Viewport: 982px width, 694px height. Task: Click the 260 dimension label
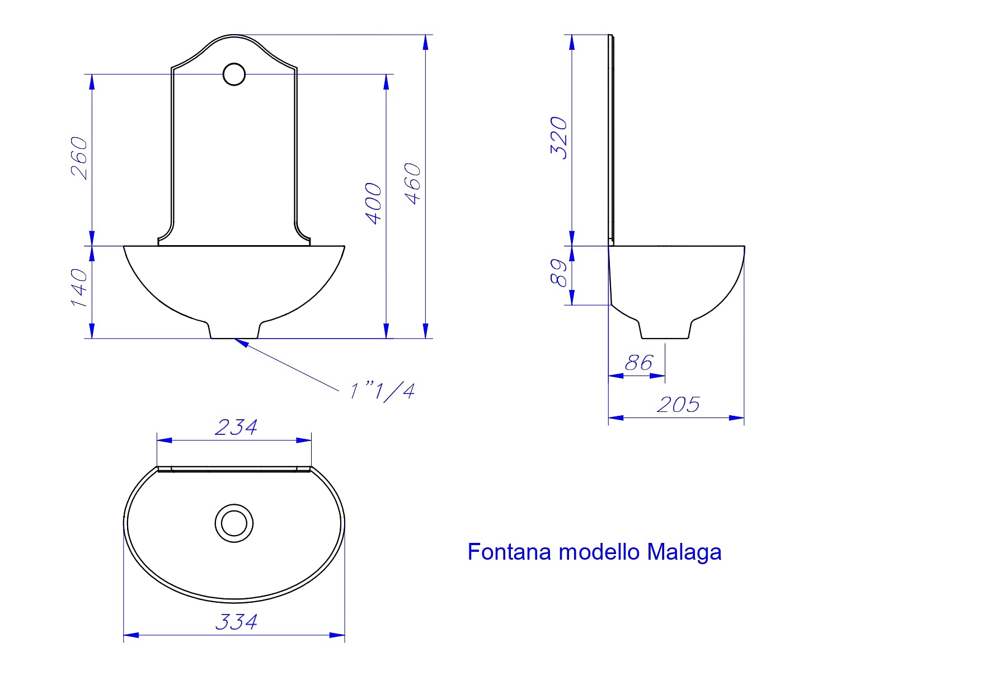point(79,158)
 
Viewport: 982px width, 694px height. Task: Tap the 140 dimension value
point(79,288)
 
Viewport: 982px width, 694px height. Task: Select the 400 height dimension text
point(374,204)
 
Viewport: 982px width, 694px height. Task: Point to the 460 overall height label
point(413,184)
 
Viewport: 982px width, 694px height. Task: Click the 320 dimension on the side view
point(559,138)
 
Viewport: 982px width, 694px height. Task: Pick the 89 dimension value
point(559,273)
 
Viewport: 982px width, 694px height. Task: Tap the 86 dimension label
point(638,363)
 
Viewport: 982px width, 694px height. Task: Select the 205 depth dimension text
point(678,405)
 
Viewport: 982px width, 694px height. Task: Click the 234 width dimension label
point(236,428)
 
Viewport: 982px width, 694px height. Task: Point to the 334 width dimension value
point(236,622)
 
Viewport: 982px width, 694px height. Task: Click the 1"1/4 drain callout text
point(383,391)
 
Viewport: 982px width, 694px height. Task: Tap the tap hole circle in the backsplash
point(234,74)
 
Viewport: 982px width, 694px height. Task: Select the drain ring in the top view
point(234,523)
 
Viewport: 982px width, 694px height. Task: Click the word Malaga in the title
point(684,552)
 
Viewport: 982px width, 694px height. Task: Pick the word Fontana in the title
point(509,552)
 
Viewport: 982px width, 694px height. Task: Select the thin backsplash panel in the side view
point(612,140)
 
